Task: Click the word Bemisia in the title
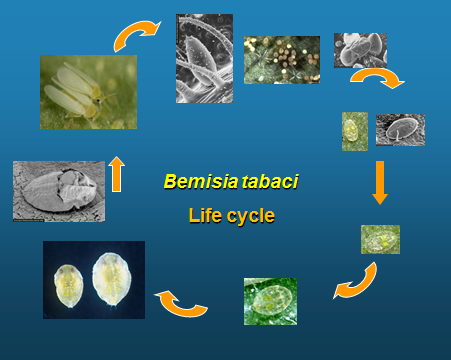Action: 192,182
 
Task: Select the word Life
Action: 206,215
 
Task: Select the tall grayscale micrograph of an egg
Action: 204,58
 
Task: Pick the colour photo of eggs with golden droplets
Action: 281,60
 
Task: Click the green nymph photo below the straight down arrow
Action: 380,239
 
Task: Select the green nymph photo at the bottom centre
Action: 270,301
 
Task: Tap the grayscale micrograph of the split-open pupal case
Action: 59,190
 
